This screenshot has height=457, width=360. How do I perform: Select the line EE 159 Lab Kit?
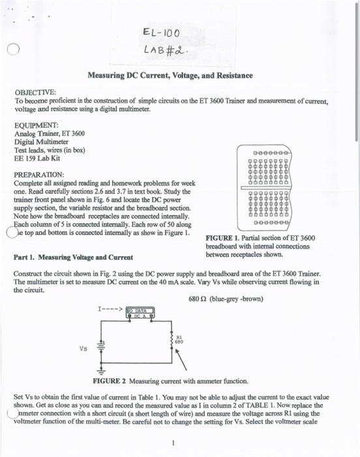click(39, 157)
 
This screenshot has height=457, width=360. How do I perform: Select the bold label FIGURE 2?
click(110, 381)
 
